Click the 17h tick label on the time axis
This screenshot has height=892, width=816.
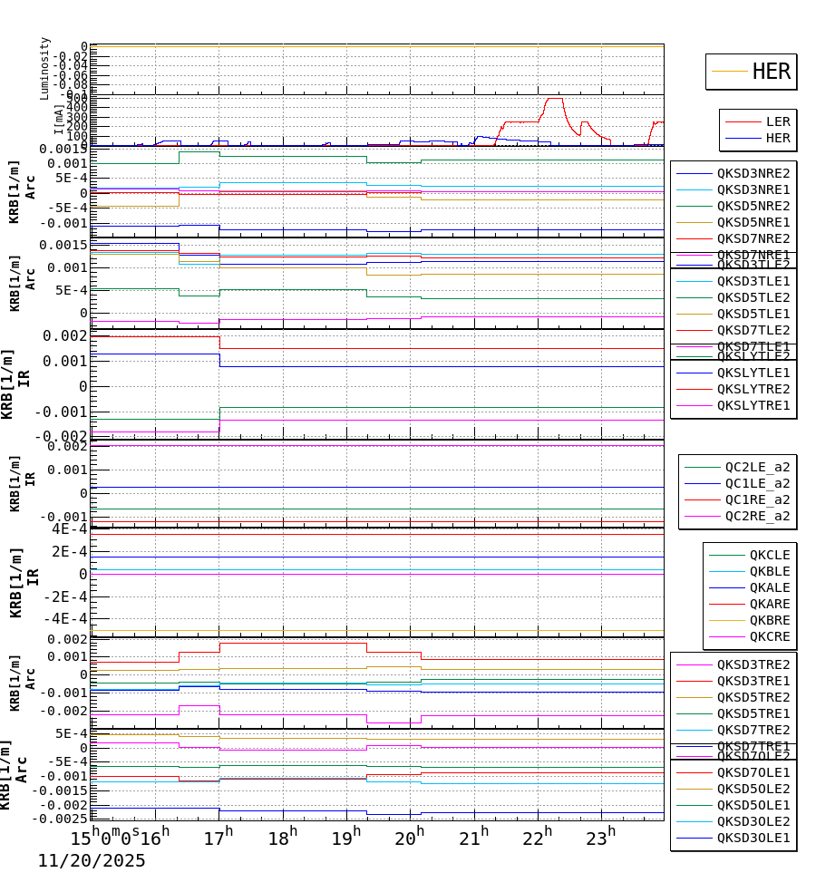pyautogui.click(x=218, y=839)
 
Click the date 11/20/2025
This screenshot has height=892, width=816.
pyautogui.click(x=91, y=861)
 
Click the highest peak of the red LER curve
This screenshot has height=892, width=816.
pyautogui.click(x=554, y=98)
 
